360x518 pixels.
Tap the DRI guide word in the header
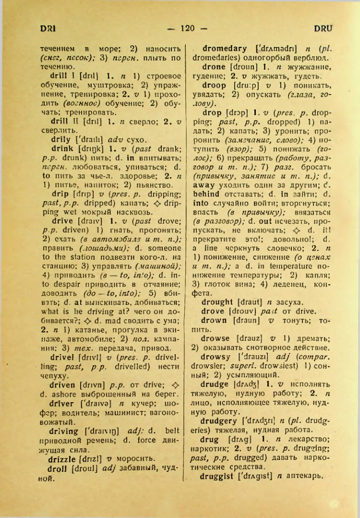click(x=48, y=28)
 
